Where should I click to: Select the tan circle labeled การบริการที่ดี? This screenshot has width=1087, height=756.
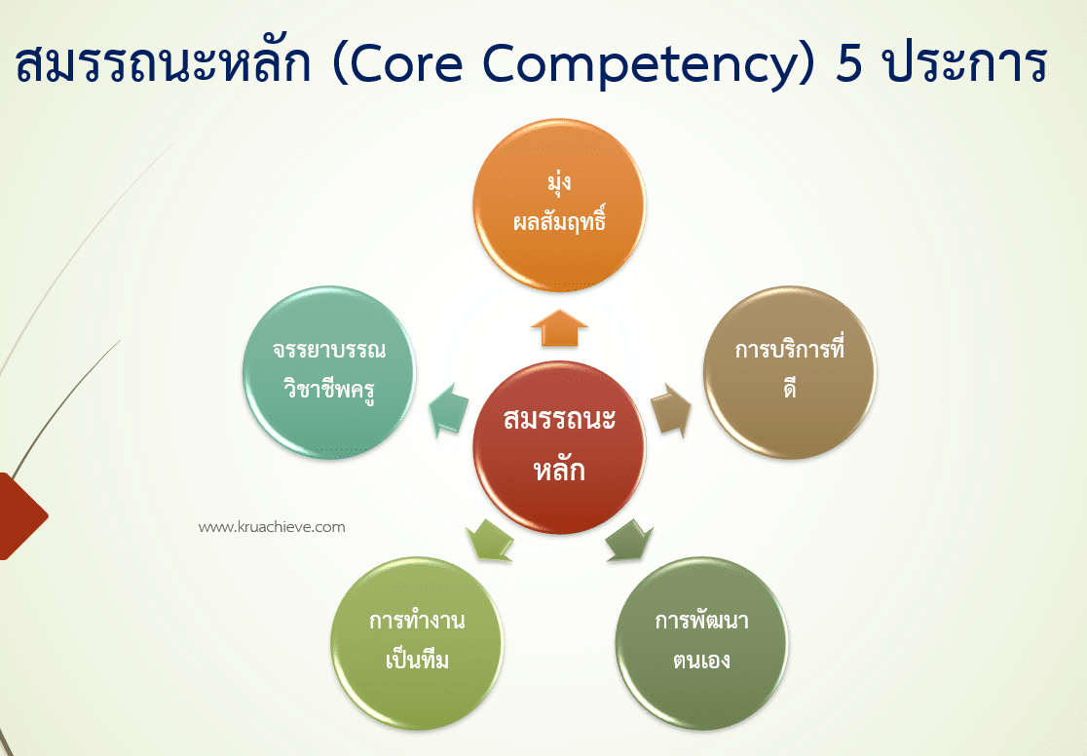click(x=789, y=371)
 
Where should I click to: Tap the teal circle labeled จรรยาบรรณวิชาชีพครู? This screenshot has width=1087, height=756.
click(x=328, y=371)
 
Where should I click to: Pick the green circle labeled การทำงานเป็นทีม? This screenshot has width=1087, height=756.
click(x=417, y=641)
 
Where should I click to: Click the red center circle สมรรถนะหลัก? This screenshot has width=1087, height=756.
click(x=559, y=447)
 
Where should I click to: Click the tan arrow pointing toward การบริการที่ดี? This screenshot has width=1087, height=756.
click(x=670, y=409)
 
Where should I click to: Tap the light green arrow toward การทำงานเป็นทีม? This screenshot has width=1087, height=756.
click(x=490, y=540)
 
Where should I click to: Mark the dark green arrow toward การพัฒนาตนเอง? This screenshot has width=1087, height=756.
click(x=628, y=541)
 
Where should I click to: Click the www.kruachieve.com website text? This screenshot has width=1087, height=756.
click(x=272, y=527)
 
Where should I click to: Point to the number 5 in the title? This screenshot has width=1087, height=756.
click(x=852, y=63)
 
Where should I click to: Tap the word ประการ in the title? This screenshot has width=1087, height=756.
click(x=964, y=63)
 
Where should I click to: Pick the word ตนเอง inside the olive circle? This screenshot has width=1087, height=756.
click(x=701, y=661)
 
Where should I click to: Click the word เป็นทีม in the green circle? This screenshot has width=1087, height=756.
click(x=417, y=661)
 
